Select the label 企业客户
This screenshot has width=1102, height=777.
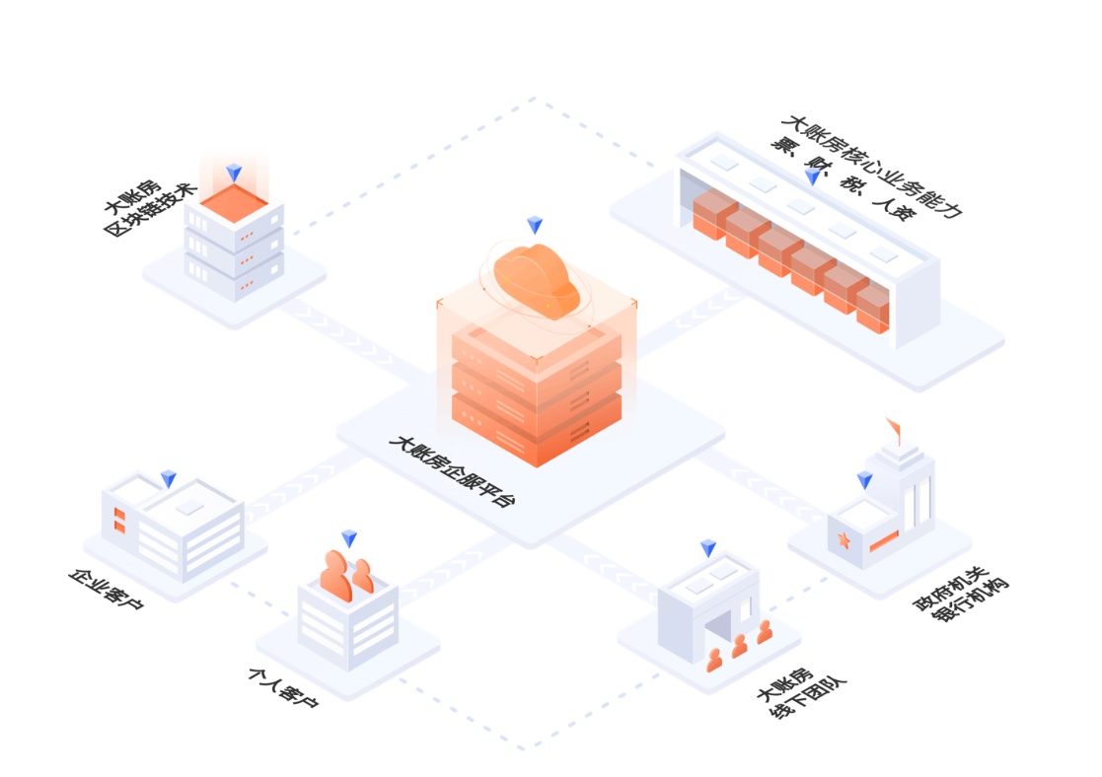pyautogui.click(x=106, y=589)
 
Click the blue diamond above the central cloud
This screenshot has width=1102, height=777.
pyautogui.click(x=535, y=225)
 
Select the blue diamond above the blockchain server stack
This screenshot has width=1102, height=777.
pyautogui.click(x=234, y=174)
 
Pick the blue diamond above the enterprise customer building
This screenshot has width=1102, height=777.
pyautogui.click(x=169, y=479)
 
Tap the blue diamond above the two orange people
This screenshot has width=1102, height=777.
pyautogui.click(x=349, y=538)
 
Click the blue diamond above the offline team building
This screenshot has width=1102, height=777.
pyautogui.click(x=708, y=548)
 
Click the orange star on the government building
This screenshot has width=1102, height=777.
pyautogui.click(x=844, y=540)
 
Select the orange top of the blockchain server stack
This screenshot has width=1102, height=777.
pyautogui.click(x=234, y=204)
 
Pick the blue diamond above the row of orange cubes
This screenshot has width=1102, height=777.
pyautogui.click(x=812, y=177)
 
